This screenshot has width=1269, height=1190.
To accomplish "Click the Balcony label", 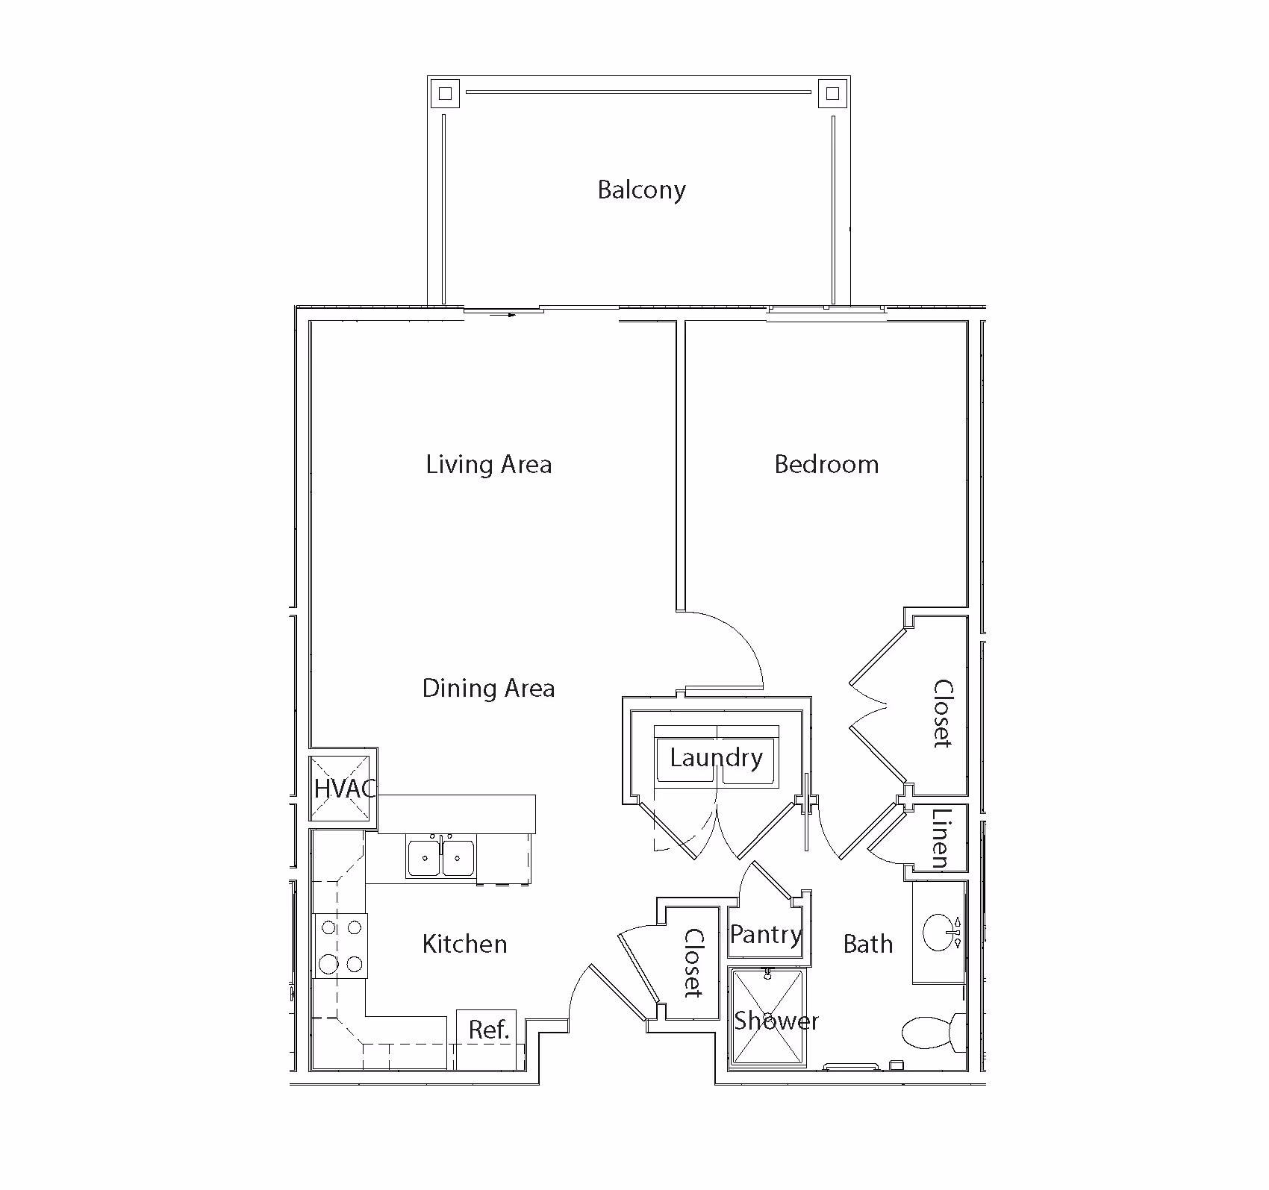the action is pyautogui.click(x=641, y=190).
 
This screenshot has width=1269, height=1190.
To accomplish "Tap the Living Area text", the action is pyautogui.click(x=489, y=464).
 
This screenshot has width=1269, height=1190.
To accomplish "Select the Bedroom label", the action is pyautogui.click(x=826, y=464).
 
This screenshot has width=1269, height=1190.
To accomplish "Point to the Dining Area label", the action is pyautogui.click(x=488, y=687).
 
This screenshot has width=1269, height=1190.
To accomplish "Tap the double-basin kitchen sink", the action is pyautogui.click(x=442, y=857).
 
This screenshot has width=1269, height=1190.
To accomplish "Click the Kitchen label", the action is pyautogui.click(x=464, y=944).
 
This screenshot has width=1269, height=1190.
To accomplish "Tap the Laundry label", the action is pyautogui.click(x=716, y=758).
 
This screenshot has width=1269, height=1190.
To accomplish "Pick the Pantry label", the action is pyautogui.click(x=766, y=934).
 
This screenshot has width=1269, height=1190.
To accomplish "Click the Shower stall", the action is pyautogui.click(x=767, y=1016).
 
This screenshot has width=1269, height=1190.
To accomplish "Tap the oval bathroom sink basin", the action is pyautogui.click(x=939, y=931).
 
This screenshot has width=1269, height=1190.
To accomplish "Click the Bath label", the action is pyautogui.click(x=867, y=944).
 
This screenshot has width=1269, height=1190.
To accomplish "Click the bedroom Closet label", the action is pyautogui.click(x=942, y=713).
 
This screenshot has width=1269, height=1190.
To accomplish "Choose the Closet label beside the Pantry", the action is pyautogui.click(x=693, y=962).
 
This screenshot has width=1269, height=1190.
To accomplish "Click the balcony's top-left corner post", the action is pyautogui.click(x=445, y=94).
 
